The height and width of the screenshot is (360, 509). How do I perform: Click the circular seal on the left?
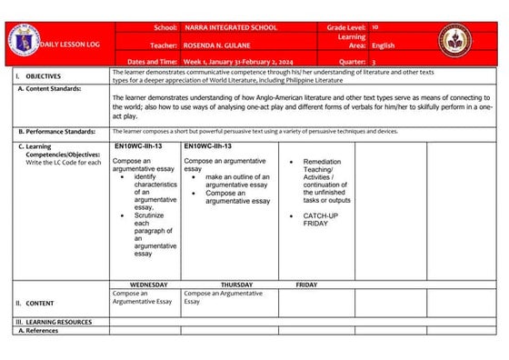[x=25, y=40]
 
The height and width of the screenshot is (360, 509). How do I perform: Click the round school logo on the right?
[x=455, y=41]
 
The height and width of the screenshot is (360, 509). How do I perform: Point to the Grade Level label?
[x=347, y=29]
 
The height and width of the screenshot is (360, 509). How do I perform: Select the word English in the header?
[x=384, y=44]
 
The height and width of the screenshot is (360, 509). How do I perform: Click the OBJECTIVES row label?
[x=44, y=77]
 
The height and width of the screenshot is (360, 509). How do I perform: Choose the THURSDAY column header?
[x=236, y=285]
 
